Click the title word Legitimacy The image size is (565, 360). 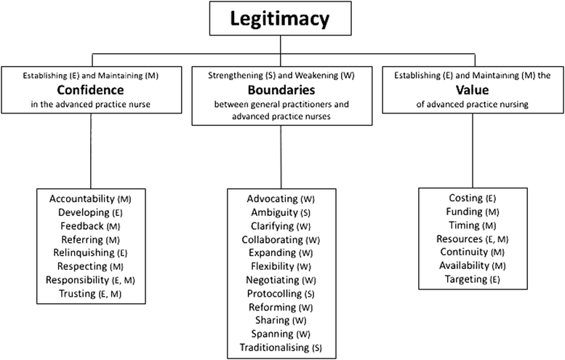280,19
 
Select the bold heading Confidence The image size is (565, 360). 90,89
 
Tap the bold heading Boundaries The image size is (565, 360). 281,89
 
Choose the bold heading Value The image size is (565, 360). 473,89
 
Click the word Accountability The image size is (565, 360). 81,199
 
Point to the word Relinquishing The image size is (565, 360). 84,253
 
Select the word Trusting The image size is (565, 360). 78,294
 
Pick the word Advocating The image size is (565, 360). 273,199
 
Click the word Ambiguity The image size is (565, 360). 275,212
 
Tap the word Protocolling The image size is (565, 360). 274,294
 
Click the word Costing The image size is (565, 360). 465,199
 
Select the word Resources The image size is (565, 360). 460,239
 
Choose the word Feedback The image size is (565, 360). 82,226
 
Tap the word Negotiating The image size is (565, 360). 273,280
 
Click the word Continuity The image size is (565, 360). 464,252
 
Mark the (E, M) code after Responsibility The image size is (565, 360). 123,280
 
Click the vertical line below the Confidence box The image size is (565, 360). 91,151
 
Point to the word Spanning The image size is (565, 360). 273,334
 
